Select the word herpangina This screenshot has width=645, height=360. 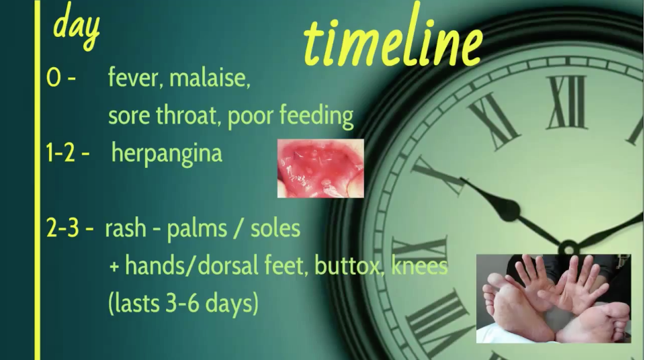pos(167,154)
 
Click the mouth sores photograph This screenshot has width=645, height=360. pos(320,169)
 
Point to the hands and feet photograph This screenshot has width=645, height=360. pos(553,298)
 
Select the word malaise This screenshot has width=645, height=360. pos(210,78)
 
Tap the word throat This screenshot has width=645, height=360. pos(189,116)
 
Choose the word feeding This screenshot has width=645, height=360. pos(316,116)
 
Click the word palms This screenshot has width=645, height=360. pos(197,228)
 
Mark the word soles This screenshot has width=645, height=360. pos(275,228)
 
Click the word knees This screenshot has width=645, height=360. pos(419,265)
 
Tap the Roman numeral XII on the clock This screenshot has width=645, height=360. pos(567,101)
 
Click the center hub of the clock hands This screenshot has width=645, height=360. pos(569,248)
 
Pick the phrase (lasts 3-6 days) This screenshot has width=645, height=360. pos(183,303)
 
